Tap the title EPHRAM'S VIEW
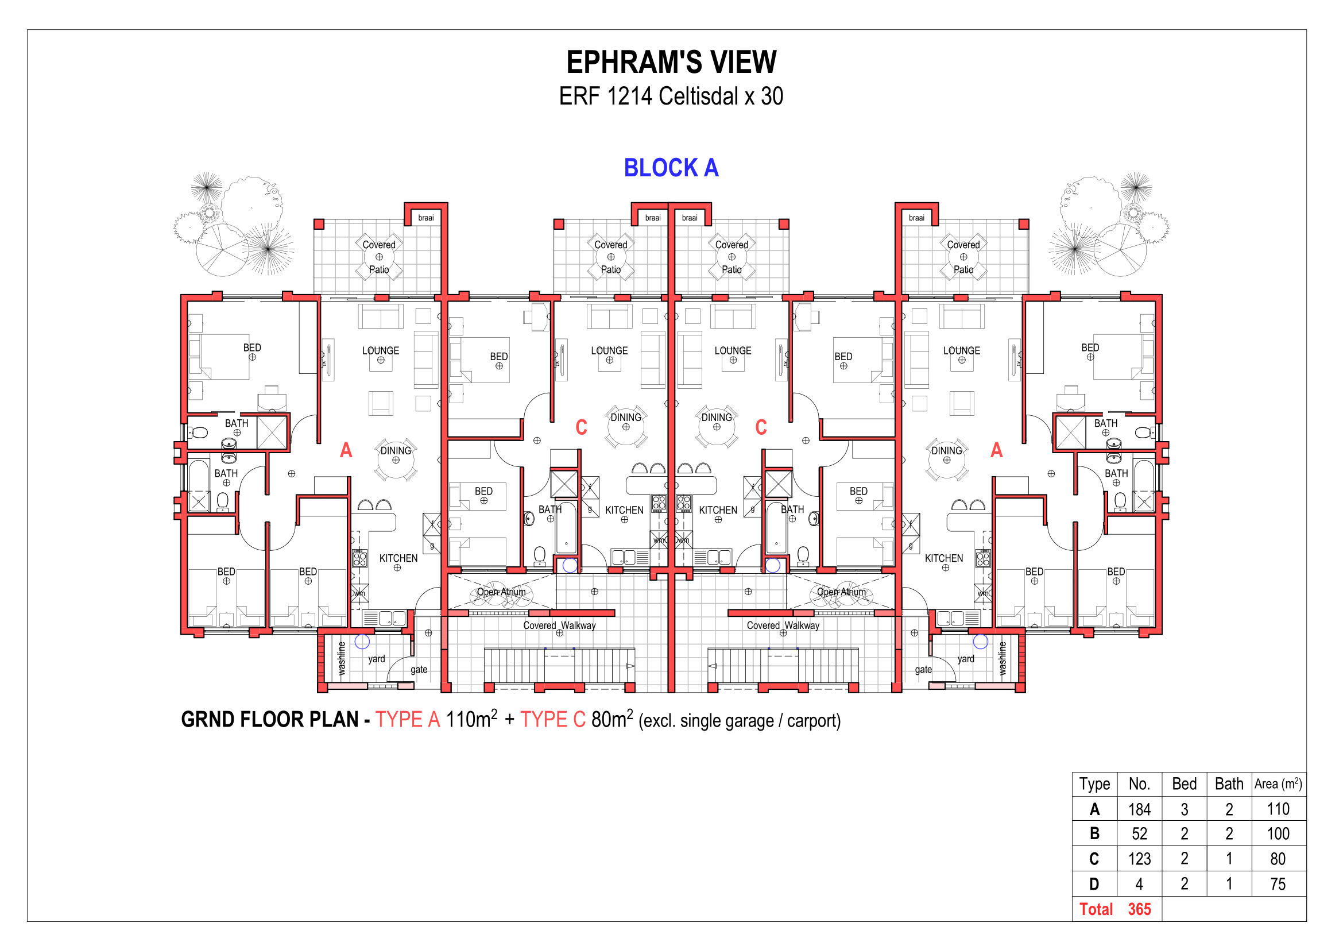click(x=672, y=62)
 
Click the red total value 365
click(x=1139, y=909)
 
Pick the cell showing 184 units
click(x=1139, y=809)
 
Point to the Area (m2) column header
click(x=1278, y=783)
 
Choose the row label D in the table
click(x=1094, y=884)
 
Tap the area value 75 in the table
click(x=1278, y=884)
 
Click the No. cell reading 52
click(x=1139, y=833)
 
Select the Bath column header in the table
click(x=1229, y=783)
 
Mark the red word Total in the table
click(x=1096, y=909)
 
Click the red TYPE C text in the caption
click(x=553, y=720)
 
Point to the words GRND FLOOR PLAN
click(x=270, y=720)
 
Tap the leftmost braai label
click(x=426, y=218)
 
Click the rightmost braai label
click(x=916, y=218)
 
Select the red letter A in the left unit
click(x=346, y=450)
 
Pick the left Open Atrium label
click(x=501, y=592)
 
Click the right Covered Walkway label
click(x=783, y=625)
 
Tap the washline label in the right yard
click(x=1003, y=659)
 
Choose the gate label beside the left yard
click(x=419, y=670)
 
